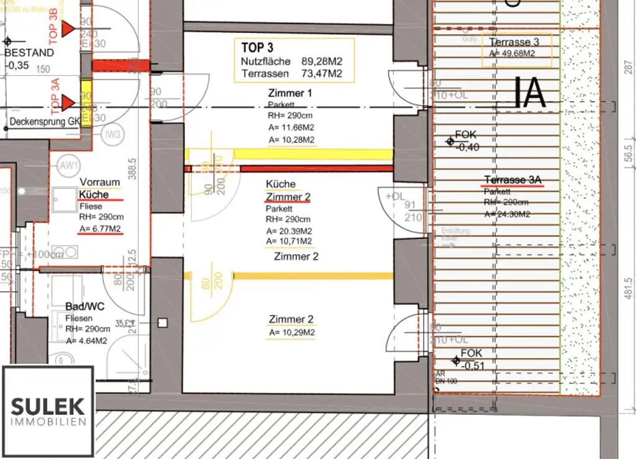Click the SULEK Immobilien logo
[x=48, y=412]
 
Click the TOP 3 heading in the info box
[x=257, y=48]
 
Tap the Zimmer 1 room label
[x=290, y=93]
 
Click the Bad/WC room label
[x=84, y=307]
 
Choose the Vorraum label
[x=99, y=182]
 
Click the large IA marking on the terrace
[x=530, y=93]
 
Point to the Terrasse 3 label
[x=514, y=42]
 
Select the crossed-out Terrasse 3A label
[x=513, y=180]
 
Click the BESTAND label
[x=29, y=53]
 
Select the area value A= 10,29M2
[x=291, y=333]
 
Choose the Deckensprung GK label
[x=45, y=122]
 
